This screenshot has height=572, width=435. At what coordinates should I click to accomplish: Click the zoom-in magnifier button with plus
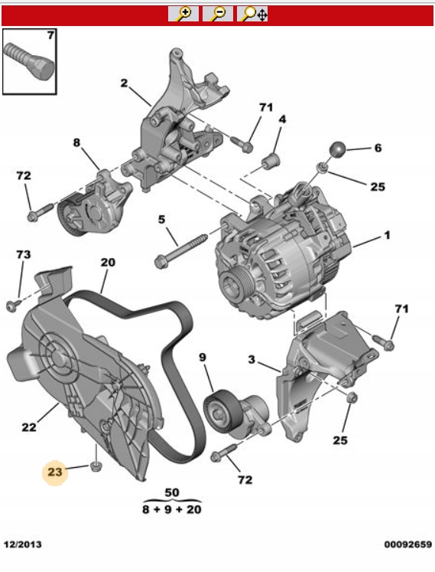tap(183, 14)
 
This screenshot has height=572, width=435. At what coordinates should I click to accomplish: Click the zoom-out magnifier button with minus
tap(217, 14)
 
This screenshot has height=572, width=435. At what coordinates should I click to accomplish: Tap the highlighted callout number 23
tap(55, 472)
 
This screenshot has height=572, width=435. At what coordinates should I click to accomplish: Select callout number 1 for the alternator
tap(387, 235)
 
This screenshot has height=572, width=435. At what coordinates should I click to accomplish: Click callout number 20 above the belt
tap(108, 263)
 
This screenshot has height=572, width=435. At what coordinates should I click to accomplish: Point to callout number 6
tap(378, 148)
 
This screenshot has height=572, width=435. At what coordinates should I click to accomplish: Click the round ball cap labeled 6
tap(337, 149)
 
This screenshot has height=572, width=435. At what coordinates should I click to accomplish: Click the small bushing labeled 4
tap(271, 161)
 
